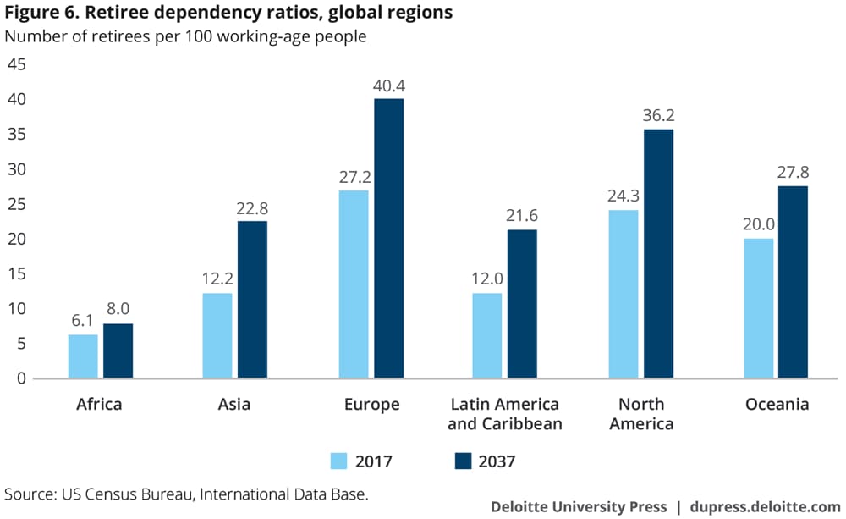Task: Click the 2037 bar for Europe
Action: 388,238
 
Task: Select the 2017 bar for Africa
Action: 83,356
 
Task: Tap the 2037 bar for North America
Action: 658,253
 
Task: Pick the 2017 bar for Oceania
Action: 758,308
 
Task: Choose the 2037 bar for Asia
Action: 252,300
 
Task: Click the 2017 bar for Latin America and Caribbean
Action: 487,335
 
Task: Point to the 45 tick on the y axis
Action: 17,65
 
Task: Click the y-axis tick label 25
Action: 17,205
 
